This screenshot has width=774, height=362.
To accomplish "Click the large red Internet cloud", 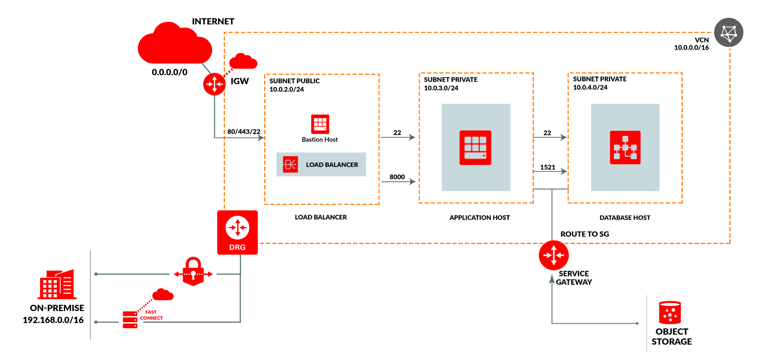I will (175, 44).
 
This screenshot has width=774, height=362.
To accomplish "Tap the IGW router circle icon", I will (214, 84).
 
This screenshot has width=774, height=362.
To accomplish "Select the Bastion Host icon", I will (320, 124).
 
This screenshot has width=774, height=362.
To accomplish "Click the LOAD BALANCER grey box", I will (321, 165).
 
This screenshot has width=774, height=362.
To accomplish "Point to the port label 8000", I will (397, 177).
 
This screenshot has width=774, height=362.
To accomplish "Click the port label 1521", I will (548, 167).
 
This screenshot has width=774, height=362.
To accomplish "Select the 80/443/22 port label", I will (244, 131).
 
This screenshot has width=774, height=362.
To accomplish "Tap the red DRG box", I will (237, 232).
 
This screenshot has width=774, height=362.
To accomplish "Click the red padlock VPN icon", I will (193, 271).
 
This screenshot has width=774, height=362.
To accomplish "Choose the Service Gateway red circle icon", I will (553, 255).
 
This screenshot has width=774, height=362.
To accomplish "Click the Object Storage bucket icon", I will (670, 312).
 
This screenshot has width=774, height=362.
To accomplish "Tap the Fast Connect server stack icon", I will (130, 319).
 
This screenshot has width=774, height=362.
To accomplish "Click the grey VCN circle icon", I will (728, 32).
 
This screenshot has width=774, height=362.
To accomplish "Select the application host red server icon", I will (475, 148).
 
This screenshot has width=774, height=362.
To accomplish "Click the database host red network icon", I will (625, 148).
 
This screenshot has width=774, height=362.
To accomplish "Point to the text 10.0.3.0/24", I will (441, 88).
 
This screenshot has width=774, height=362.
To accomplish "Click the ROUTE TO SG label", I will (584, 234).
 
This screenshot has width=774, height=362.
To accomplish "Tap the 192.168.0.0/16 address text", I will (53, 320).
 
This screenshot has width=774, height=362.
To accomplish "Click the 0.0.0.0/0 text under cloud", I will (169, 72).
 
